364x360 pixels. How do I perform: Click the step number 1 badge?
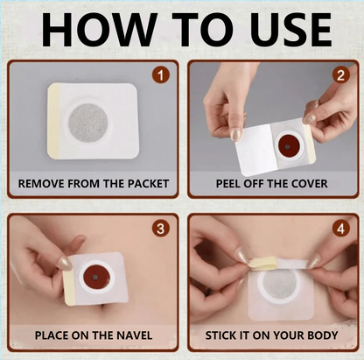coord(161,75)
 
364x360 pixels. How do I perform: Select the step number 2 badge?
coord(340,75)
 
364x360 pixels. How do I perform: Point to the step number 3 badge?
coord(161,229)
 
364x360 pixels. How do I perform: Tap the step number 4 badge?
coord(340,229)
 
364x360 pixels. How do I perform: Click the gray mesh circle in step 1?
coord(88,122)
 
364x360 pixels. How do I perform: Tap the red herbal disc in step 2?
coord(287,146)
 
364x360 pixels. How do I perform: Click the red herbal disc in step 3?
coord(96,277)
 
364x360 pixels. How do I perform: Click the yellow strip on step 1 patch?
coord(54,122)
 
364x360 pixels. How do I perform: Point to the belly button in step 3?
coord(102,308)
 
